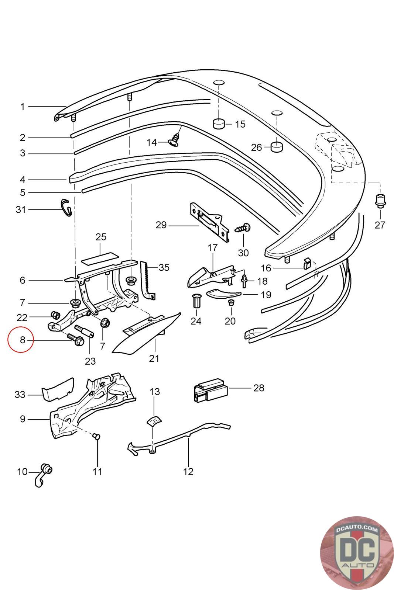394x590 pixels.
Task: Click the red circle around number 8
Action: click(21, 339)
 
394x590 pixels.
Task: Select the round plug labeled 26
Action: click(276, 147)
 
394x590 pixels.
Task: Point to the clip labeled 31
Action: click(66, 208)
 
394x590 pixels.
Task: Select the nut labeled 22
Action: click(55, 315)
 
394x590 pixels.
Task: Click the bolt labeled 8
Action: click(76, 340)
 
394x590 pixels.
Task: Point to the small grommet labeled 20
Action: click(231, 303)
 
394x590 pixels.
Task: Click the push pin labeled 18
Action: click(245, 281)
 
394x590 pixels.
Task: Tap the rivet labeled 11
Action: click(97, 436)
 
